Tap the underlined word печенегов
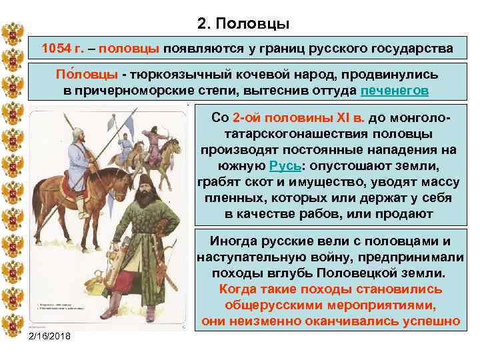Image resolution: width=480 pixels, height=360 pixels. click(x=395, y=91)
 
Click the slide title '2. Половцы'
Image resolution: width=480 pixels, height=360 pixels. click(x=243, y=25)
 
